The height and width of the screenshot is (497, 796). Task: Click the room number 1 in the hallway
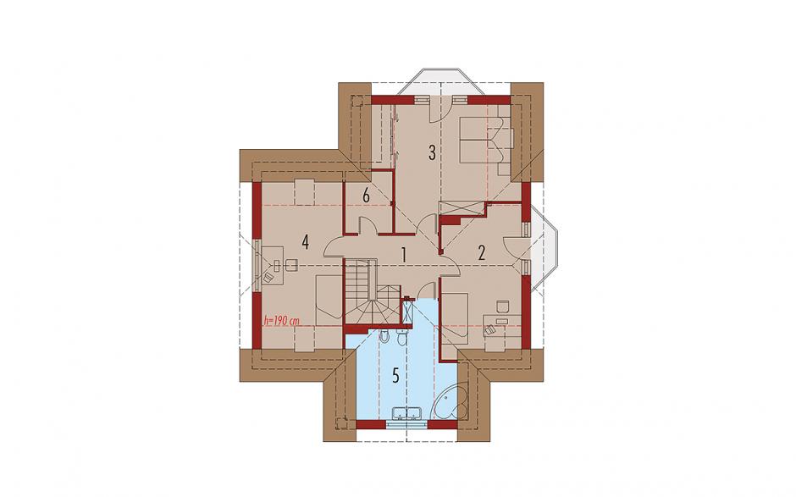click(404, 254)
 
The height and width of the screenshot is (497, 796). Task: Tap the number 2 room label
click(482, 252)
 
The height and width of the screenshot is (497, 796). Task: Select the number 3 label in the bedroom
click(432, 152)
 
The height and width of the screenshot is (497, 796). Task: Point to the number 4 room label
click(305, 242)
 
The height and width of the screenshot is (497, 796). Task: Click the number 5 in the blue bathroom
click(396, 376)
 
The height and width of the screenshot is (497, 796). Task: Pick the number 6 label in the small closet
click(367, 195)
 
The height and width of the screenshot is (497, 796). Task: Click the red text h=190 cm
click(281, 321)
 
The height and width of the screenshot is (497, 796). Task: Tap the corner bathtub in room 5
click(451, 401)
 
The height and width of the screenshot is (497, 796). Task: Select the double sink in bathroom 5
click(407, 413)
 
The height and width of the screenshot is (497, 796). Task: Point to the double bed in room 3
click(486, 140)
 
